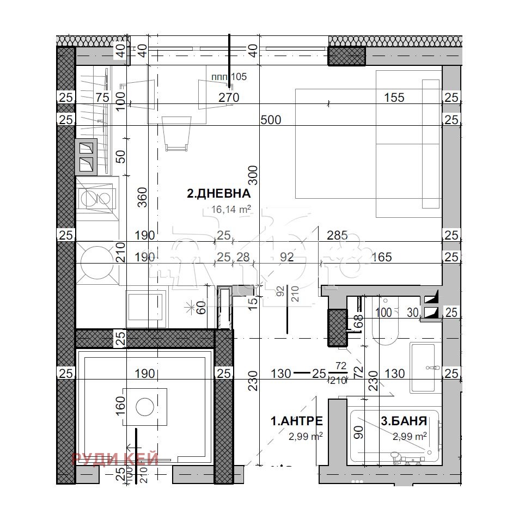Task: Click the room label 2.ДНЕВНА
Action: pyautogui.click(x=218, y=193)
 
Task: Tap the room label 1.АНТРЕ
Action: pyautogui.click(x=297, y=420)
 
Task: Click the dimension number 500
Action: pyautogui.click(x=271, y=120)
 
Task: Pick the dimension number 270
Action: pyautogui.click(x=229, y=97)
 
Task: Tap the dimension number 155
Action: pyautogui.click(x=394, y=97)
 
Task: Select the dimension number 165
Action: pyautogui.click(x=381, y=256)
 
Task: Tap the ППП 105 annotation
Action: pyautogui.click(x=229, y=77)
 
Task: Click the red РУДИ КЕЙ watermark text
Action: pyautogui.click(x=115, y=459)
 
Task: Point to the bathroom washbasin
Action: pyautogui.click(x=425, y=368)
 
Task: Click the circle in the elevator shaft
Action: pyautogui.click(x=145, y=407)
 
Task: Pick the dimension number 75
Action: pyautogui.click(x=102, y=97)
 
